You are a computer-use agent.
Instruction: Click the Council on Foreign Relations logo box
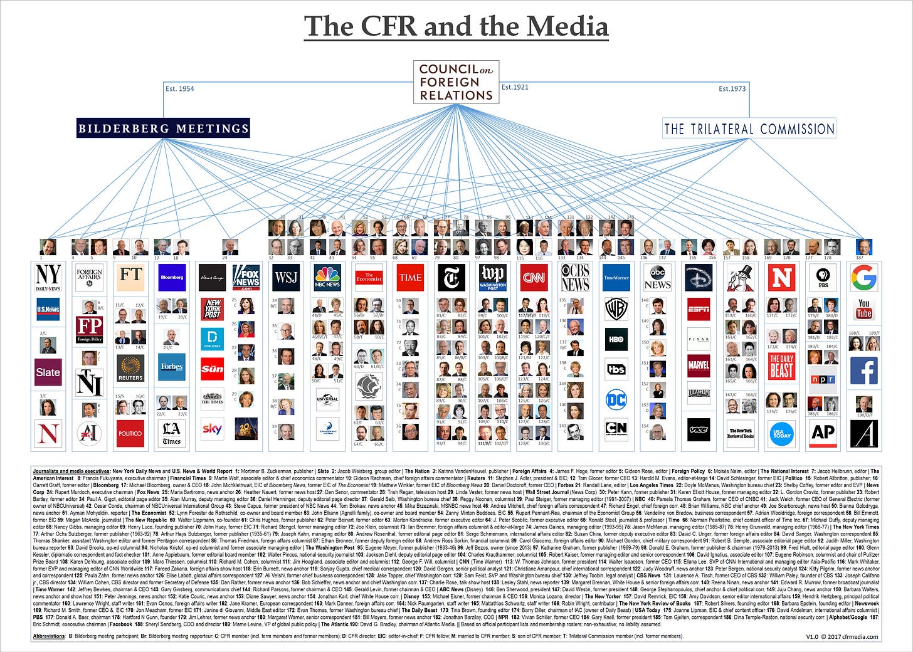456,82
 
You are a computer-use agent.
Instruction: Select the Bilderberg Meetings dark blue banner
163,129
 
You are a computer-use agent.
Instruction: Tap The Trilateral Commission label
749,129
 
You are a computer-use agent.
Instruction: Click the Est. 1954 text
179,88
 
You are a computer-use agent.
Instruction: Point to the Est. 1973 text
732,88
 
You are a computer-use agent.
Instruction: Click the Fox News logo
245,277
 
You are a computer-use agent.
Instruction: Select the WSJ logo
286,277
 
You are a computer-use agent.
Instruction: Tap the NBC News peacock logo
327,277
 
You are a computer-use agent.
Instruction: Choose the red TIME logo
410,277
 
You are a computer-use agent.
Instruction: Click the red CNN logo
534,277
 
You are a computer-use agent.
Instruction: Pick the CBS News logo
575,277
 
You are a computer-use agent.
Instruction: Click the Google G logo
863,277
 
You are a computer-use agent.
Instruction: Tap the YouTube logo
863,308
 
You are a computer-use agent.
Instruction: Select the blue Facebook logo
863,371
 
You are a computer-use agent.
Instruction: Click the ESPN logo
699,308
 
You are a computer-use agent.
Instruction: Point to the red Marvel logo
699,365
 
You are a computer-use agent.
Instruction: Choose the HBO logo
616,339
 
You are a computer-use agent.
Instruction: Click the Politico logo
130,433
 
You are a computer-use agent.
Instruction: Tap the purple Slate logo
48,372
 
